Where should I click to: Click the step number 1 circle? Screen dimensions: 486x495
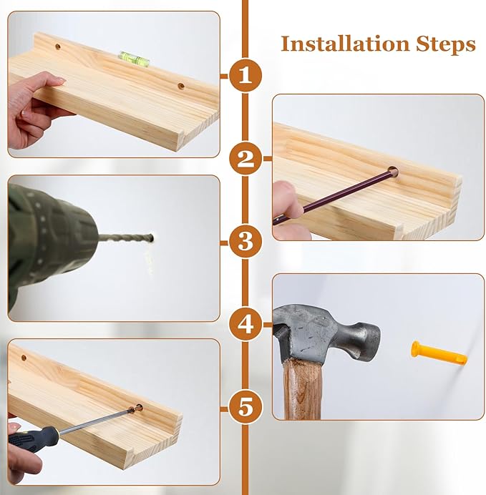point(246,76)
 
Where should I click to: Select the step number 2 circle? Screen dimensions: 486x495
point(246,159)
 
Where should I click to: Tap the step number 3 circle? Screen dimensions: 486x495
point(246,242)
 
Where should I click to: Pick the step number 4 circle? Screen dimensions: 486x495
point(246,324)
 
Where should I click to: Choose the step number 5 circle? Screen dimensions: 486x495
point(246,407)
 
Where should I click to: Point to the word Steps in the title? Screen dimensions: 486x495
point(446,44)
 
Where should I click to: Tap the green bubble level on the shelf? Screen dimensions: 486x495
point(133,59)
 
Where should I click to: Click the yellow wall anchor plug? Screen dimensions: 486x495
point(439,353)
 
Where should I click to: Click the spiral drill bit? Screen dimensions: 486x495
point(126,238)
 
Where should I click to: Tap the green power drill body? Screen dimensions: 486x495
point(47,243)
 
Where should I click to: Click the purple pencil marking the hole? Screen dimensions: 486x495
point(335,196)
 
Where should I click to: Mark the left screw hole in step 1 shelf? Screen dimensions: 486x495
point(58,46)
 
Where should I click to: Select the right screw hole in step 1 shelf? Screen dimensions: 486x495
point(181,86)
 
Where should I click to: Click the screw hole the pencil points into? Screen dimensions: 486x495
point(394,172)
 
